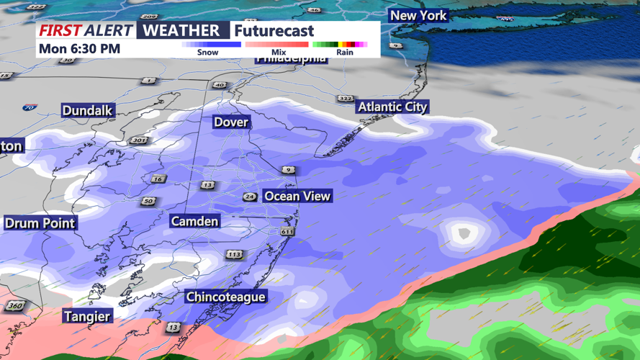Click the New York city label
coord(418,15)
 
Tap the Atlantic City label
coord(392,107)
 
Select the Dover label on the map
coord(231,122)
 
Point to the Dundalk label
coord(87,110)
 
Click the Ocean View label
coord(297,196)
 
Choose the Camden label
coord(194,221)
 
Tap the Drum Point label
coord(40,222)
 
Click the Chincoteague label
coord(225,297)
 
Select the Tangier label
coord(87,316)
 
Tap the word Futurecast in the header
coord(274,31)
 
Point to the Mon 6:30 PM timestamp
coord(80,49)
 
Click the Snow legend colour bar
coord(211,45)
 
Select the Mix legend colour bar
coord(277,45)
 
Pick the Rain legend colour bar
coord(340,45)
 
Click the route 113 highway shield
coord(234,254)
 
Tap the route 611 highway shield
coord(287,231)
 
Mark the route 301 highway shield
coord(138,140)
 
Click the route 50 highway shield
coord(148,201)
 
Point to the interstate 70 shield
coord(29,108)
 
